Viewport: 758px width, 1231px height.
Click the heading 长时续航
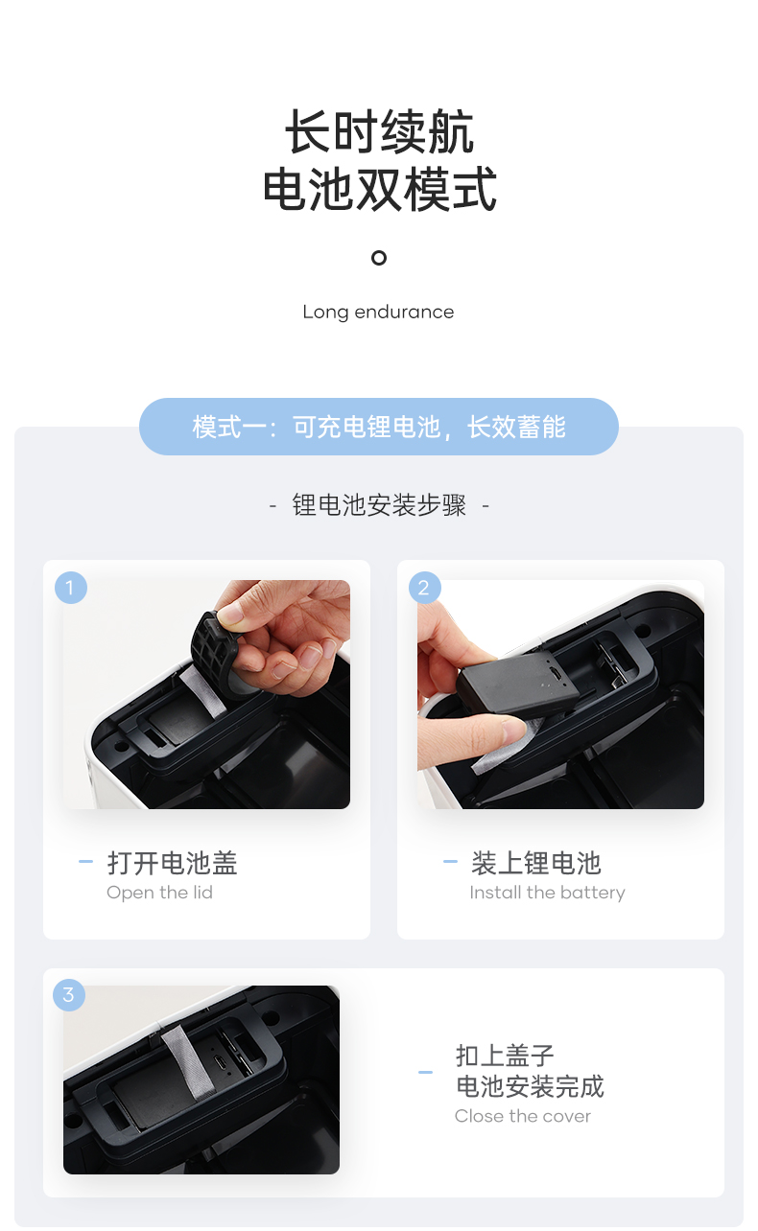pyautogui.click(x=379, y=131)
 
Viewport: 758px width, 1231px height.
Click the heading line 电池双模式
pyautogui.click(x=379, y=189)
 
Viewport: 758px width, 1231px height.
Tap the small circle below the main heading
pyautogui.click(x=378, y=257)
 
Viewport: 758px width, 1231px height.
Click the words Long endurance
pyautogui.click(x=378, y=313)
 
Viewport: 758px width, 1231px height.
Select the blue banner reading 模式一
pyautogui.click(x=378, y=427)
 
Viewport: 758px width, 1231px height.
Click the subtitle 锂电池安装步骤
pyautogui.click(x=379, y=504)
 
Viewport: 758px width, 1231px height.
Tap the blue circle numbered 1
pyautogui.click(x=70, y=588)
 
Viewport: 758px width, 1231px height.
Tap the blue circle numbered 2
pyautogui.click(x=425, y=588)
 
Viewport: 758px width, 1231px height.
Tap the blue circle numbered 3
pyautogui.click(x=69, y=995)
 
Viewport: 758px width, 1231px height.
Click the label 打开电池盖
pyautogui.click(x=172, y=862)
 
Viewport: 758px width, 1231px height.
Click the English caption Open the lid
pyautogui.click(x=159, y=893)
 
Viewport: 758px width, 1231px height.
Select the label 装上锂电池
pyautogui.click(x=535, y=862)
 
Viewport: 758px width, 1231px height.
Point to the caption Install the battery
pyautogui.click(x=547, y=893)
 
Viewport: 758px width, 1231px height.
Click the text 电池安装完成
pyautogui.click(x=531, y=1086)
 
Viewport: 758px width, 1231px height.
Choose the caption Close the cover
pyautogui.click(x=523, y=1116)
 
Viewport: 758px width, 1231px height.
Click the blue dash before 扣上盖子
pyautogui.click(x=425, y=1072)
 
